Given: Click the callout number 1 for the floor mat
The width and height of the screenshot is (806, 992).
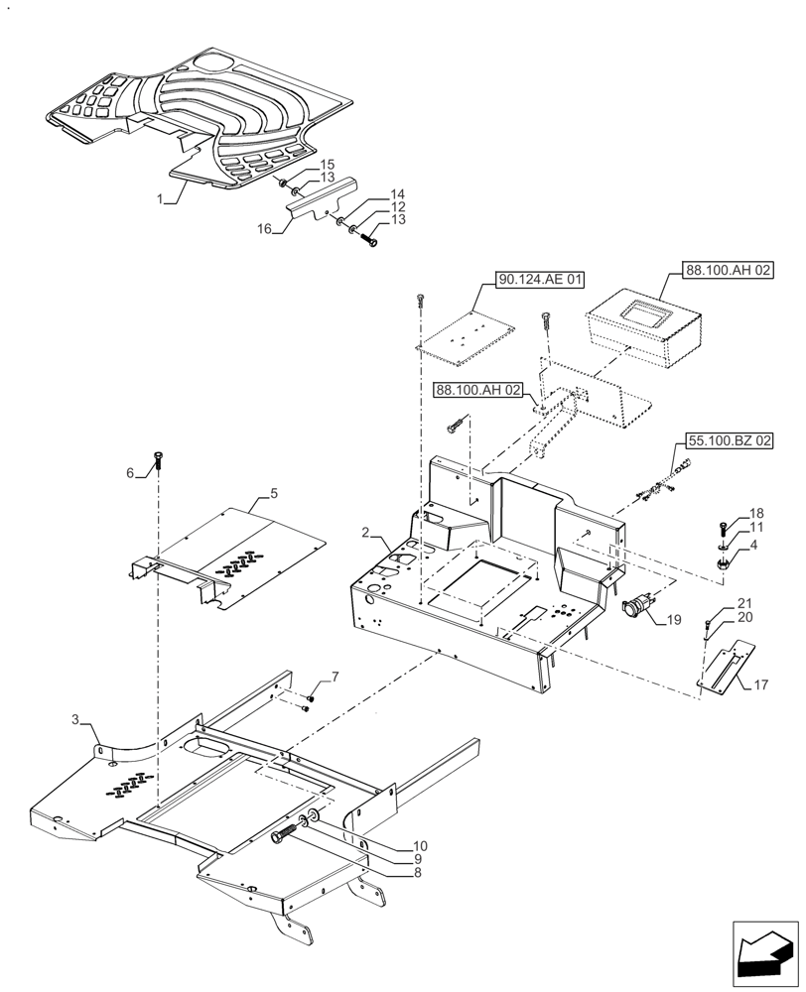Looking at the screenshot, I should click(x=160, y=199).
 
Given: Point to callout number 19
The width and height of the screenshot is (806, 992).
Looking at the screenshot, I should click(x=674, y=620).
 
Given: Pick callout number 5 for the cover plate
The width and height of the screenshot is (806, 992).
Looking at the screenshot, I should click(x=274, y=493).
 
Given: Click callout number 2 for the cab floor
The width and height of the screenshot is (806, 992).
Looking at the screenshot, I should click(x=366, y=534).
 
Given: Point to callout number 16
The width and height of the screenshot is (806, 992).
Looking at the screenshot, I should click(x=264, y=229).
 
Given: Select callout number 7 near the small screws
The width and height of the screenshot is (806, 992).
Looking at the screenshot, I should click(x=335, y=677).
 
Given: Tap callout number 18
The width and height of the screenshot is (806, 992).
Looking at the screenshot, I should click(x=756, y=513).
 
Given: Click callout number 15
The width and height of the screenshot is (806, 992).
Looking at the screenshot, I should click(x=327, y=164).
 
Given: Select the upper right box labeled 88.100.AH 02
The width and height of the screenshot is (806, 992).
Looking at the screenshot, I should click(x=729, y=269).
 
